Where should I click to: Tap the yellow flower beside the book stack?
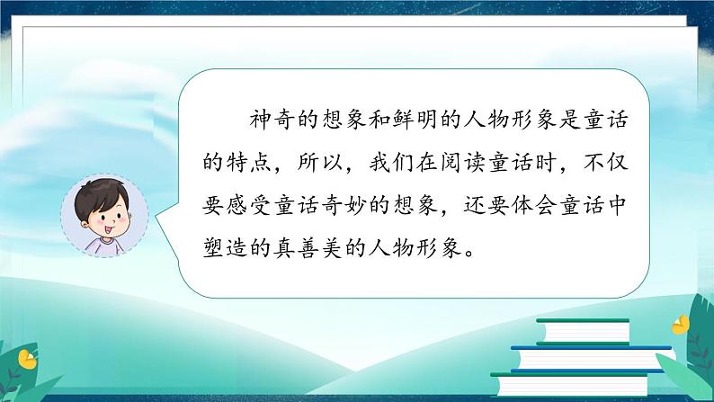pos(683,324)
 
